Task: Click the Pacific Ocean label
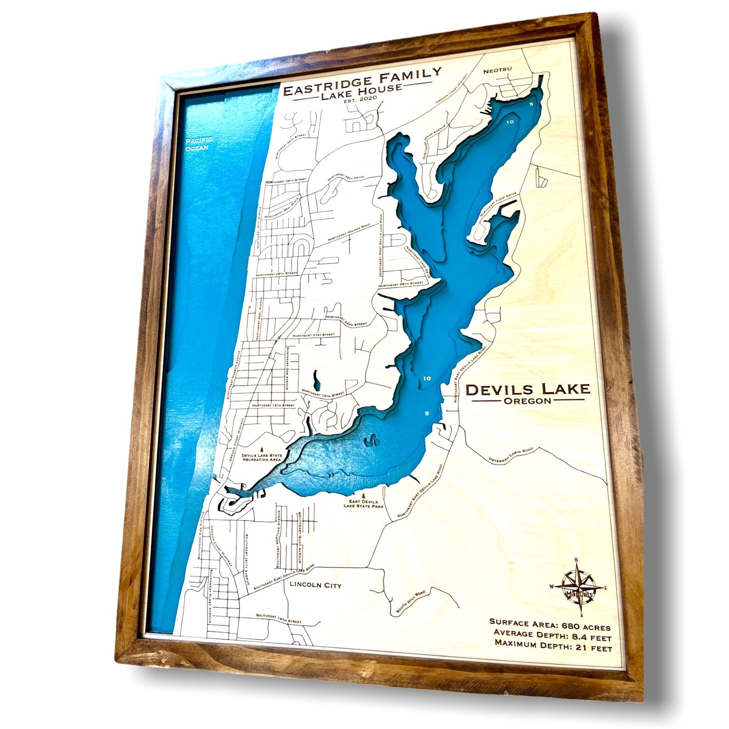coord(198,143)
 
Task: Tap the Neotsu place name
coord(498,70)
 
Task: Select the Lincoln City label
coord(315,585)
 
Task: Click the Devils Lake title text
coord(527,390)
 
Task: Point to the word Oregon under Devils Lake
coord(527,401)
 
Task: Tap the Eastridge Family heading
coord(362,81)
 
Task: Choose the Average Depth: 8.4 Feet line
coord(552,635)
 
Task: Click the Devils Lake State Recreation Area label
coord(262,458)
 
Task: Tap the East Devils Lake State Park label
coord(363,504)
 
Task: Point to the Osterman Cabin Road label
coord(510,455)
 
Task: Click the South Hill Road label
coord(411,601)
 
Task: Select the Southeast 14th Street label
coord(279,618)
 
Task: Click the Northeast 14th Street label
coord(323,394)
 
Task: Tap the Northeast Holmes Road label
coord(349,233)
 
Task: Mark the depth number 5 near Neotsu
coord(531,104)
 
